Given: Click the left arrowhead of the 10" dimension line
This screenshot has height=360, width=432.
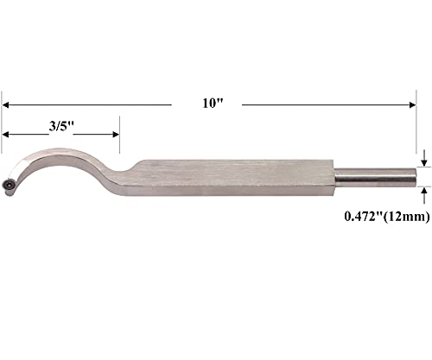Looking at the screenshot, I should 7,104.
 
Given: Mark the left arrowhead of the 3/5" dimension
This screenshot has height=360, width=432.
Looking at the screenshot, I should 7,135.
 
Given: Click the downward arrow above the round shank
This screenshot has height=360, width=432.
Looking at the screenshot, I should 423,157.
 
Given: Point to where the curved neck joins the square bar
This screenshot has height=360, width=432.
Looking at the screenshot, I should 138,168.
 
